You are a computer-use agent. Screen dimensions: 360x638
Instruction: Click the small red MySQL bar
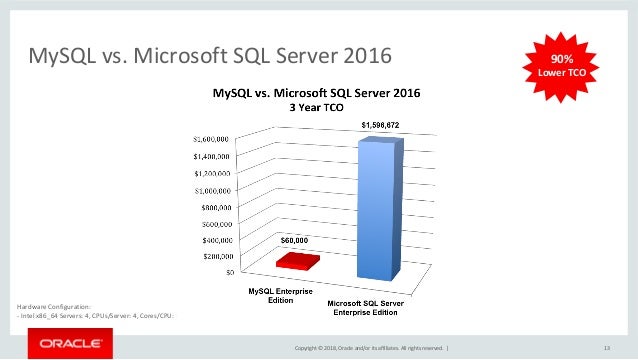click(298, 261)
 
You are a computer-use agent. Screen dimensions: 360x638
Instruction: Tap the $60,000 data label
click(294, 240)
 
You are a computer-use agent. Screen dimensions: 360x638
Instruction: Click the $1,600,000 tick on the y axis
click(213, 138)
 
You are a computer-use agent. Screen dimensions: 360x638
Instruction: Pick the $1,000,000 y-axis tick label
click(213, 189)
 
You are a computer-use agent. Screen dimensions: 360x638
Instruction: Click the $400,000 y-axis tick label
click(216, 240)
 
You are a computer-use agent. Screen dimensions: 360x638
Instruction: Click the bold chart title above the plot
click(315, 92)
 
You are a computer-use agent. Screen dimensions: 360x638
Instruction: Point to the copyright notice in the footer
click(366, 347)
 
